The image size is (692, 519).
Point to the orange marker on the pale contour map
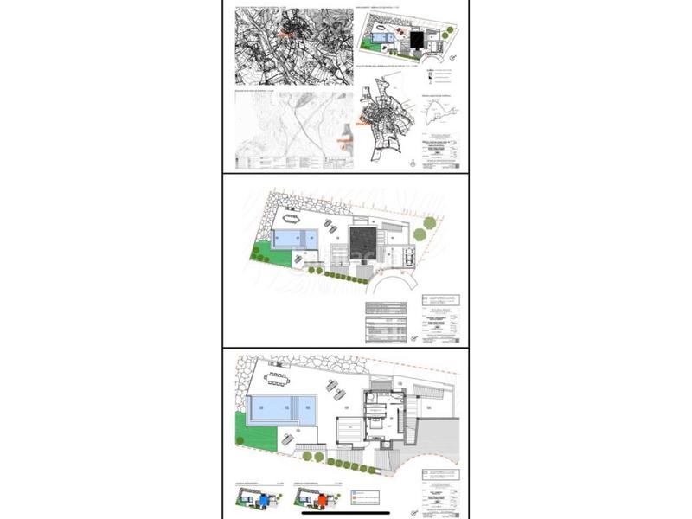coord(343,138)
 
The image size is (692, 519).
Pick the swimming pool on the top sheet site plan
coord(380,38)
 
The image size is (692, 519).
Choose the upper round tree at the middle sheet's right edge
coord(430,223)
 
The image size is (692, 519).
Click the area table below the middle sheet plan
coord(386,322)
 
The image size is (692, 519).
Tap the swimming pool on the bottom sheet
coord(282,407)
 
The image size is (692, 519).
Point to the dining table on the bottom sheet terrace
coord(277,378)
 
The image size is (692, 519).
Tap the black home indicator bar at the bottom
coord(346,514)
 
